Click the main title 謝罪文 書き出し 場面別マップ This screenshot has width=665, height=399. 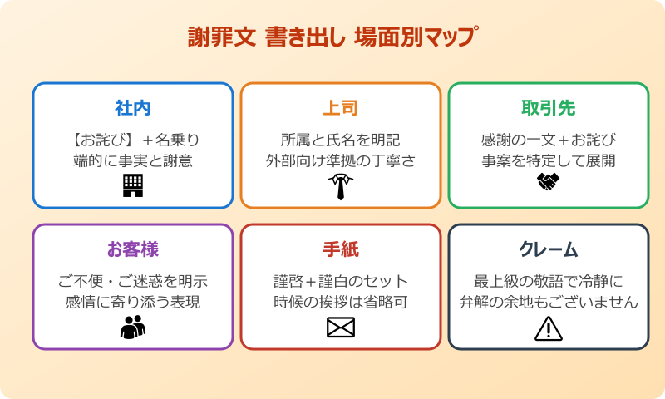coord(332,38)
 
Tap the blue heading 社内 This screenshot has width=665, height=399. coord(133,108)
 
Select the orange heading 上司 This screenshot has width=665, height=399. coord(341,108)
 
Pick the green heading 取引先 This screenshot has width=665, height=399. coord(548,108)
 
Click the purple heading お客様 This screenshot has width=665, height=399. coord(133,249)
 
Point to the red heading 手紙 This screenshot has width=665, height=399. coord(341,249)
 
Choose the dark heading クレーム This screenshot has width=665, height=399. coord(548,249)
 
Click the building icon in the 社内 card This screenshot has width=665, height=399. coord(133,185)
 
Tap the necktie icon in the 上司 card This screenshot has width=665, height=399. coord(341,186)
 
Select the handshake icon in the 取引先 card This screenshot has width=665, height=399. coord(548,182)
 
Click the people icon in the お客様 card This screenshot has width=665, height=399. coord(133,328)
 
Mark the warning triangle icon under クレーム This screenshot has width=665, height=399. coord(548,329)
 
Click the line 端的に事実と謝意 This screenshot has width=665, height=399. coord(133,160)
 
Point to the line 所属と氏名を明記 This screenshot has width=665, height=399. coord(341,139)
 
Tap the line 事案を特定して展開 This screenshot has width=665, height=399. coord(548,160)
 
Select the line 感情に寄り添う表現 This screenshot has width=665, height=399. coord(133,302)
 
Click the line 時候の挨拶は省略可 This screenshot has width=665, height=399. coord(341,302)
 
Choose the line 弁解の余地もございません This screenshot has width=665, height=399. coord(548,302)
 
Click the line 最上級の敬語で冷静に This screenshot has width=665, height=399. coord(548,280)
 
